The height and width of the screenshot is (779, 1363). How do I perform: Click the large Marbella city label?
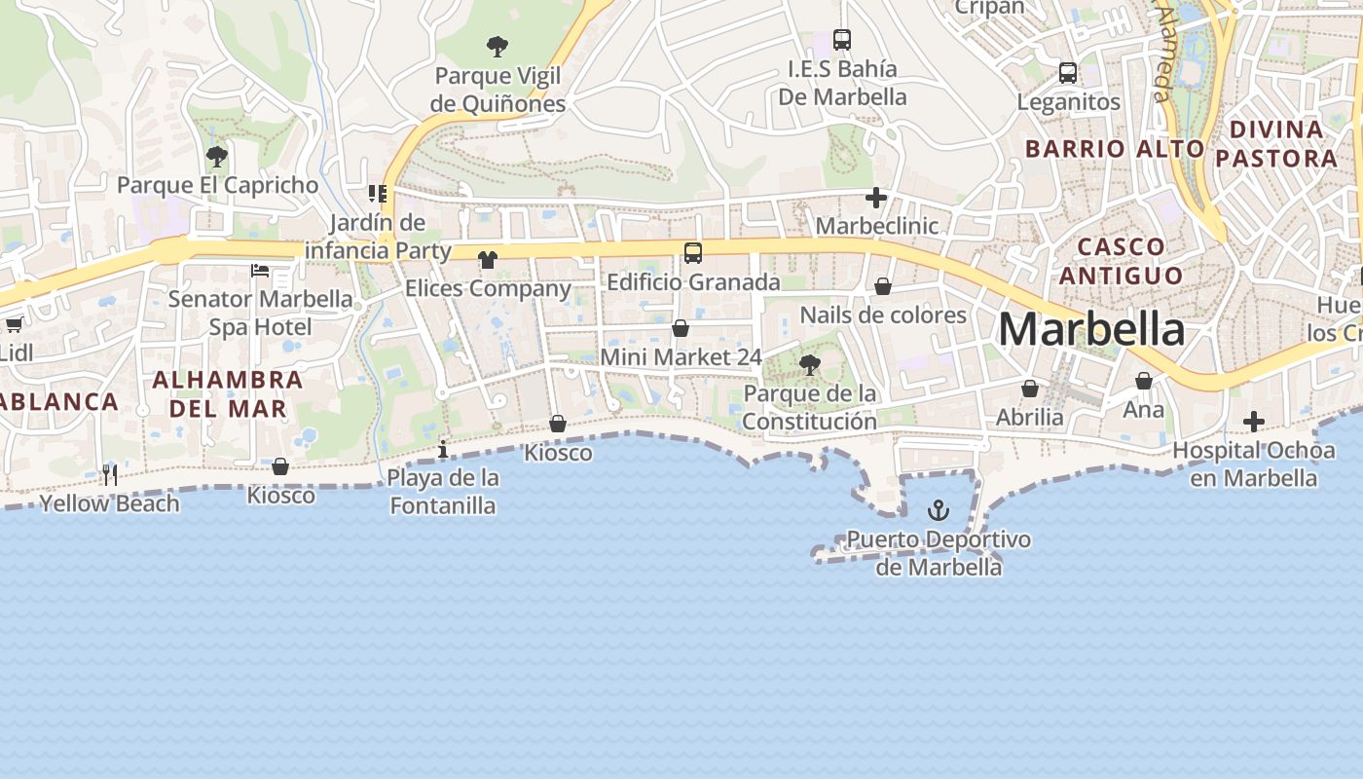point(1091,329)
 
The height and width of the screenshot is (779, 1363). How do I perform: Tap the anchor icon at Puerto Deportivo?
point(938,510)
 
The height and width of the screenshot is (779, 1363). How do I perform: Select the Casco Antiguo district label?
point(1121,261)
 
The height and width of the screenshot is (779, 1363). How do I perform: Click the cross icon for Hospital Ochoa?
point(1254,422)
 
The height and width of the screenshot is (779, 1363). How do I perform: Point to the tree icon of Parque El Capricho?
point(217,156)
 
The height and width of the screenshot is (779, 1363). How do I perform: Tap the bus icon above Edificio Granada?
point(693,253)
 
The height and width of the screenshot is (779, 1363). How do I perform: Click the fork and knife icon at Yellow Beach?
point(110,475)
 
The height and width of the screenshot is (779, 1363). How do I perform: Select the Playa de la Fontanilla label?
point(443,492)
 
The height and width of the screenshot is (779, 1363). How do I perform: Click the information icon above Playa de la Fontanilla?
point(443,449)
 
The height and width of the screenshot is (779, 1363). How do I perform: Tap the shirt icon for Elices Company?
point(488,260)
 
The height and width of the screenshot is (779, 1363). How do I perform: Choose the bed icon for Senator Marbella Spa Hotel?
point(260,270)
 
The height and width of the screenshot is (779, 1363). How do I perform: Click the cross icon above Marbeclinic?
point(876,199)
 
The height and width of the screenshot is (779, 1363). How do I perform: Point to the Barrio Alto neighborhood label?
point(1115,149)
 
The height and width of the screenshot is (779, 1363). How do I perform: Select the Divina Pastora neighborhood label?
point(1276,144)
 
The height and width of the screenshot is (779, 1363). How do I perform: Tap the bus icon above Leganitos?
point(1068,73)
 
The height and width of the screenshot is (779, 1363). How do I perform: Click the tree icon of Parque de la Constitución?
point(809,365)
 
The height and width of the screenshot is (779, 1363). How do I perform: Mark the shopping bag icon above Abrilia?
point(1030,389)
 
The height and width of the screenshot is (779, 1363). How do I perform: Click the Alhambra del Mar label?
point(228,393)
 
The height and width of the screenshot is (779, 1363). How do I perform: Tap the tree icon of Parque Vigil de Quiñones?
point(497,46)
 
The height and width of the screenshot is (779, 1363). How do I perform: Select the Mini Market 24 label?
point(681,357)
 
